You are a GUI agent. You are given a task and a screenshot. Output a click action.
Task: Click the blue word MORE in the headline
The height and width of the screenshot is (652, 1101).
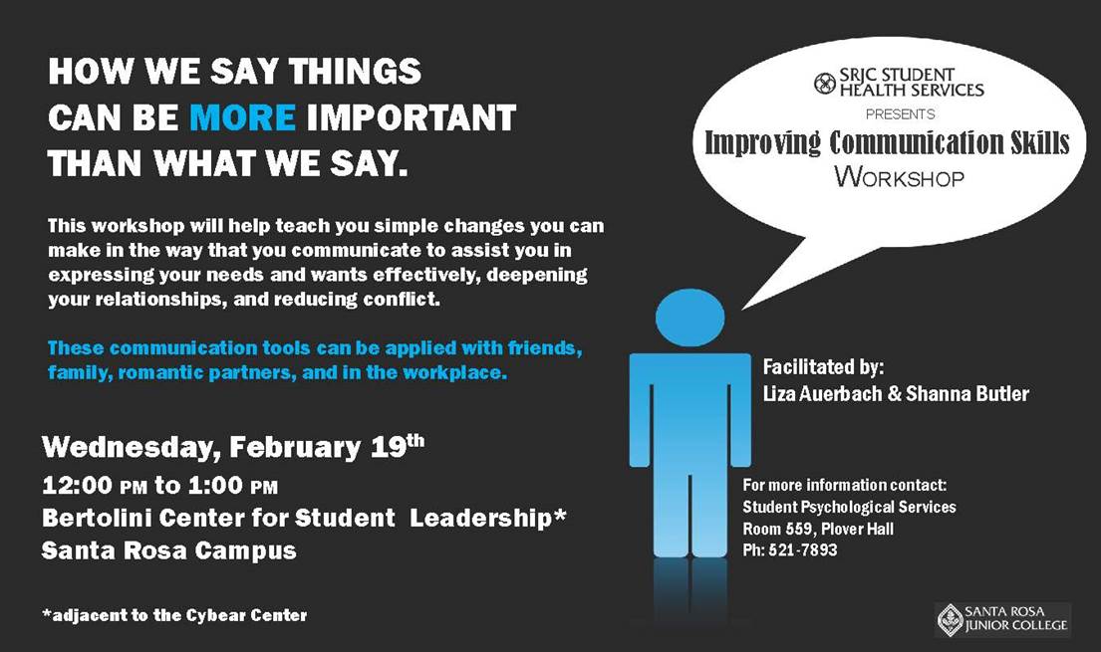coord(242,117)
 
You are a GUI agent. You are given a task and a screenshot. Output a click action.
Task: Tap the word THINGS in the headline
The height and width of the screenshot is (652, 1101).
coord(355,72)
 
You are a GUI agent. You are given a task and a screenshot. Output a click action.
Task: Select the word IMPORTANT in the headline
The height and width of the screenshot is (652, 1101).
coord(412,117)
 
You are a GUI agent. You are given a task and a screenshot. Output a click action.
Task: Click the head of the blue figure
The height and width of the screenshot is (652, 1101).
coord(689,318)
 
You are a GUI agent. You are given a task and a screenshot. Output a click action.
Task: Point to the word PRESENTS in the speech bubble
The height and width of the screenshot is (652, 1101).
coord(900,114)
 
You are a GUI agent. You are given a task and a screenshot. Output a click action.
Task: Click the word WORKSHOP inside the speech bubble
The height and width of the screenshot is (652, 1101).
coord(900,176)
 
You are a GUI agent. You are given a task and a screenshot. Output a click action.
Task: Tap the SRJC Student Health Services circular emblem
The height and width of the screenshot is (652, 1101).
coord(824,84)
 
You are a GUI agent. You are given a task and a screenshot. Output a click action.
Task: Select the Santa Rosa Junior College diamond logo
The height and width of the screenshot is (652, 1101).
coord(950,619)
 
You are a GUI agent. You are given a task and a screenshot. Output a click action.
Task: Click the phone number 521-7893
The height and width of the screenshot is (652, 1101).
coord(802,550)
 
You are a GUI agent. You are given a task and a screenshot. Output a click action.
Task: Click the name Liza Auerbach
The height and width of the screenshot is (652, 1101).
coord(822,394)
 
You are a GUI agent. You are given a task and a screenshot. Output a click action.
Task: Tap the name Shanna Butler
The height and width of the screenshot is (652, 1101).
coord(966,394)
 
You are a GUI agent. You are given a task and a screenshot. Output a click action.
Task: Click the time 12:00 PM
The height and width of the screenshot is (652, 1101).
coord(94,485)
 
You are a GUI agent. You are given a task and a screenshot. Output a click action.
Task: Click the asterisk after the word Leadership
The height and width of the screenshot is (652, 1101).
coord(560,515)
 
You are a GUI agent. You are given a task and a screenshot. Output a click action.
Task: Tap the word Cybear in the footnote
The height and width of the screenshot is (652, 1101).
coord(210,616)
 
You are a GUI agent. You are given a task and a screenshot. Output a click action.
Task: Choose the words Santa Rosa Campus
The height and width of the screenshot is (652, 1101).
coord(169,550)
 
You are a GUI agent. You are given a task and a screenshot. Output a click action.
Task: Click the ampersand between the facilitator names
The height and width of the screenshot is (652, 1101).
coord(894,394)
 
